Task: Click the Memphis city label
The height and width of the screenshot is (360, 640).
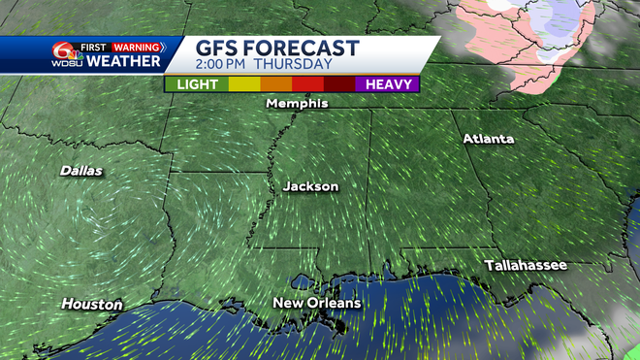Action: pos(297,103)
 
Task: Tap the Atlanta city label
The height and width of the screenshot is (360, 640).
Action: pos(488,139)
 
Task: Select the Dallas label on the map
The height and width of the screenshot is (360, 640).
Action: pos(81,171)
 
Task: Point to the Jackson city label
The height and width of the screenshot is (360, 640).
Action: pos(310,185)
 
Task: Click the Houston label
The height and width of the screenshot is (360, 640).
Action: pos(92,305)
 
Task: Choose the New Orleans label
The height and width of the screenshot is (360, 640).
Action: pos(316,304)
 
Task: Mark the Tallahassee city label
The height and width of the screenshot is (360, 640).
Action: pos(526,265)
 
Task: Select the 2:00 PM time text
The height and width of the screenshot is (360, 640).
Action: pos(232,65)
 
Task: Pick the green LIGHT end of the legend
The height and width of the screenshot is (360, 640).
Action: pos(197,83)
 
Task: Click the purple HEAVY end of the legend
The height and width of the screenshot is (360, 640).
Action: pos(387,83)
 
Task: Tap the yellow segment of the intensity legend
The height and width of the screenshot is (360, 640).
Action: pos(243,83)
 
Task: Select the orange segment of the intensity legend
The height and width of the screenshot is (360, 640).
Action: pos(275,83)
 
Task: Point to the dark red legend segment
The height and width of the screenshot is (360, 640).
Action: pos(339,83)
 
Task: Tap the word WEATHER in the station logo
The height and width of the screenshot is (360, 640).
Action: pos(123,62)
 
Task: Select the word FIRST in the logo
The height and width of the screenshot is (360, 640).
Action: pos(93,46)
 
